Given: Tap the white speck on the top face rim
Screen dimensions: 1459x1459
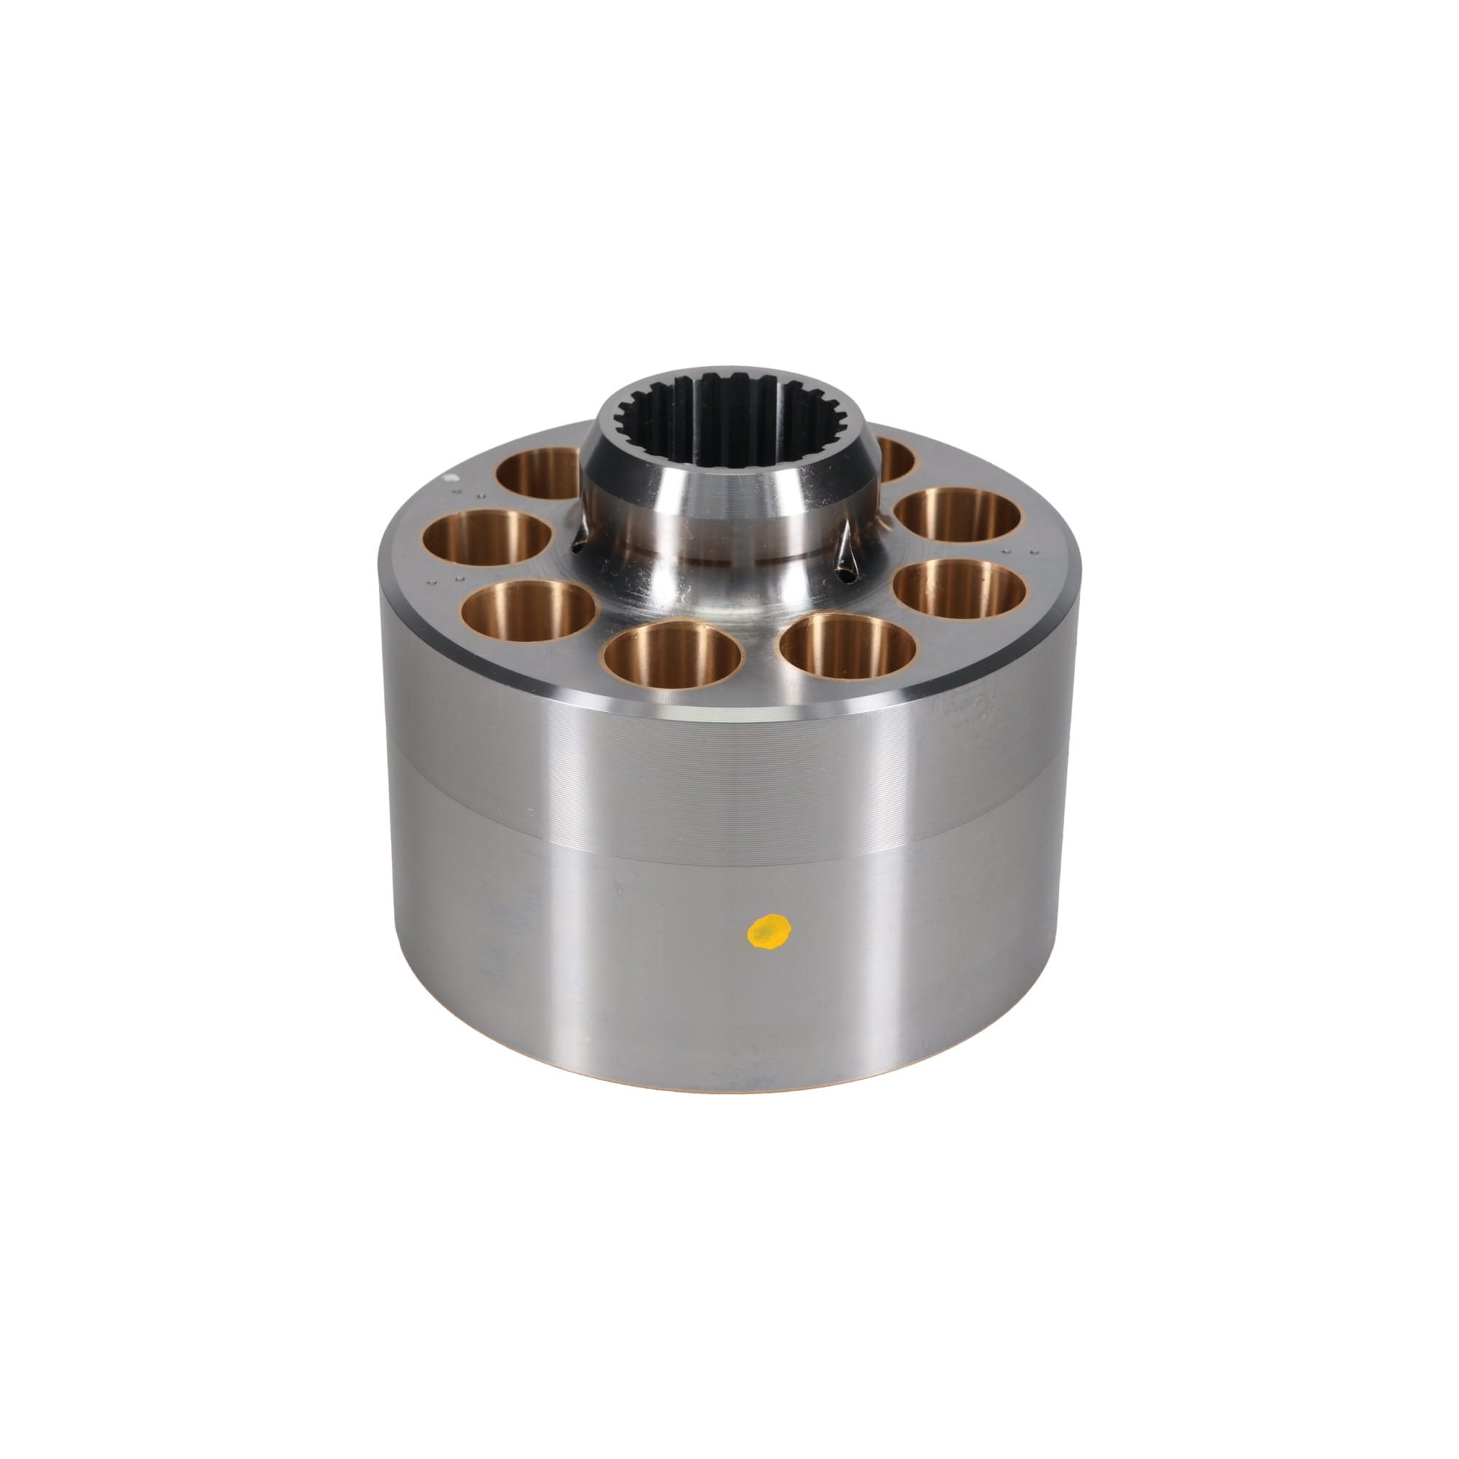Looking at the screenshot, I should (x=450, y=477).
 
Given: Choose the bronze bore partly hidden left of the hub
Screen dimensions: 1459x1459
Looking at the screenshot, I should (x=538, y=473).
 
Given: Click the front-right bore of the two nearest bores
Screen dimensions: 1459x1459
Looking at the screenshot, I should (x=847, y=645).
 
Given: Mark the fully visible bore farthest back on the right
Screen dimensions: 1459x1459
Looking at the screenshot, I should (x=958, y=515).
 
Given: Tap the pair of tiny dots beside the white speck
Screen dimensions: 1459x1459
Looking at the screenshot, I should (x=468, y=496).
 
